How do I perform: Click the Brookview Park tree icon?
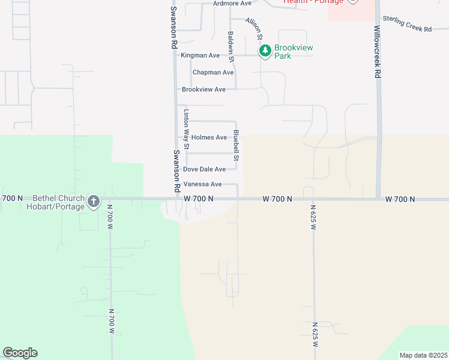tap(265, 52)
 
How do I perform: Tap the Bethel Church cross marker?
tap(93, 202)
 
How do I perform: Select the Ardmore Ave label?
tap(232, 4)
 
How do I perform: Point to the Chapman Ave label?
tap(213, 73)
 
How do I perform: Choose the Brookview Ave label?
tap(203, 89)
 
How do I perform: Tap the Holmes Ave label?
tap(209, 137)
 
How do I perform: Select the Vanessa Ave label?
tap(202, 184)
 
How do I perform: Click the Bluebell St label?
tap(237, 146)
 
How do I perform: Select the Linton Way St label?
tap(186, 129)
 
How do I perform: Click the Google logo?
tap(20, 353)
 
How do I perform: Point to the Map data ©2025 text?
tap(423, 355)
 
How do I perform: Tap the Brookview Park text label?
tap(294, 52)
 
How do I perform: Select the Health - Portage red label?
tap(313, 2)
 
